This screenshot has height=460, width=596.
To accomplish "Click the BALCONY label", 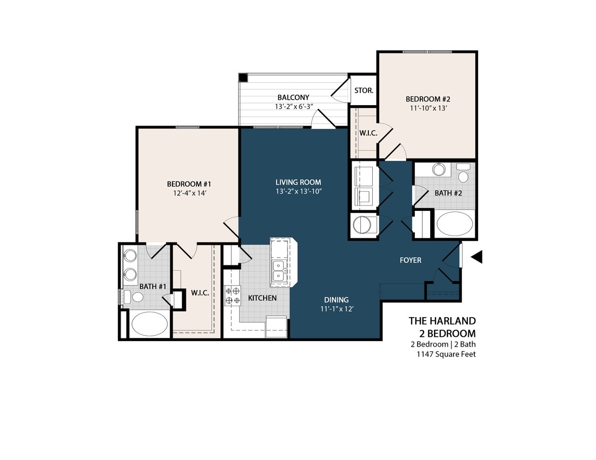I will (293, 98).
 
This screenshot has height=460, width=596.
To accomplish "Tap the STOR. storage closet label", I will (363, 90).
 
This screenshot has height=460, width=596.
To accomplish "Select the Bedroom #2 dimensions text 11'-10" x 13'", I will (427, 108).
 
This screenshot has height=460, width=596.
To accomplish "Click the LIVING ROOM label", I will (298, 182).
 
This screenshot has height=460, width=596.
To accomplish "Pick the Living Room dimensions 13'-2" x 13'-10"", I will (298, 191).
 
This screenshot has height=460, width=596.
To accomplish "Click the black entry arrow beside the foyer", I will (476, 257).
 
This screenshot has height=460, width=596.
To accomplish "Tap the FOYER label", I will (410, 261).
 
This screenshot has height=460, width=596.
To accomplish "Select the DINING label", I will (336, 300).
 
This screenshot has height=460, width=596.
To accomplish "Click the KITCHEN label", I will (262, 298).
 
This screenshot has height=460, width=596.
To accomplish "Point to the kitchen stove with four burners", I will (233, 296).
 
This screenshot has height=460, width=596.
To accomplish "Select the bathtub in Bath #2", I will (455, 225).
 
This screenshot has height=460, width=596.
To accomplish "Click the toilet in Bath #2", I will (463, 173).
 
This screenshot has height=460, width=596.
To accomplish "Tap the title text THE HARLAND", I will (442, 321).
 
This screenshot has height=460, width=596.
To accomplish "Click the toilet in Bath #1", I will (134, 297).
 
